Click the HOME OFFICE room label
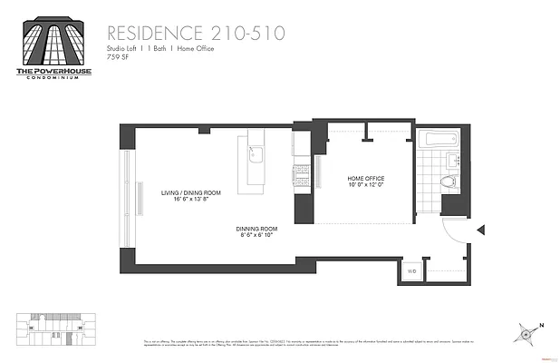[366, 178]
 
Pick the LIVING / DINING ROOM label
[190, 192]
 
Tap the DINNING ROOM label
[256, 229]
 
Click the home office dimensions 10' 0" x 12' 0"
[366, 185]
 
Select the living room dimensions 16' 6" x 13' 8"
[190, 200]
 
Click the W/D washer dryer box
[410, 270]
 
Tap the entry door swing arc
[452, 231]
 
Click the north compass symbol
[525, 333]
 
